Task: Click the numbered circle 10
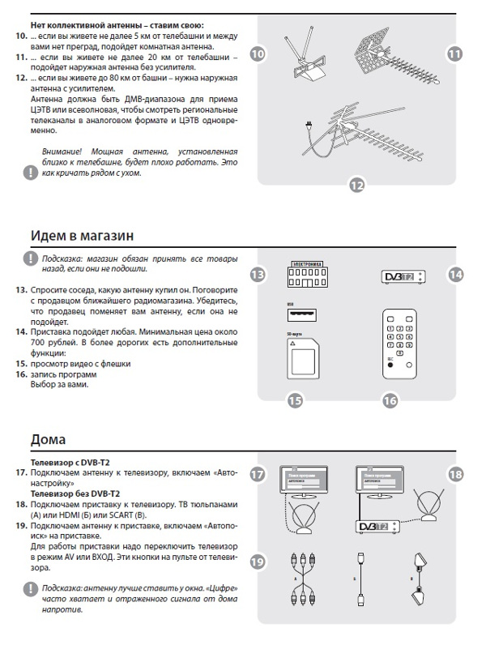tap(258, 54)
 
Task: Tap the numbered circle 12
tap(357, 186)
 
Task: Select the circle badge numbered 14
tap(456, 275)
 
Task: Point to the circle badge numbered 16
tap(390, 400)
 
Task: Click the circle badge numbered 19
tap(258, 562)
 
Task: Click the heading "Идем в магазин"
tap(82, 235)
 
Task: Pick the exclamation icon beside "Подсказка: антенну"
tap(29, 589)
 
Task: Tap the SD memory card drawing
tap(302, 356)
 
